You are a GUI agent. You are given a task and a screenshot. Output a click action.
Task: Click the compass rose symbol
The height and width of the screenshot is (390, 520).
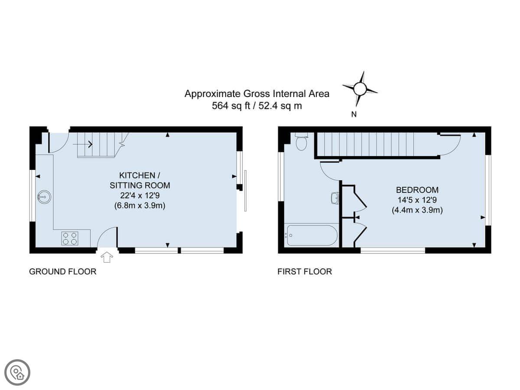point(360,89)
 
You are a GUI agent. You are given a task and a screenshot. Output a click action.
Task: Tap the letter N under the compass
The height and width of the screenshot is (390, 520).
point(354,114)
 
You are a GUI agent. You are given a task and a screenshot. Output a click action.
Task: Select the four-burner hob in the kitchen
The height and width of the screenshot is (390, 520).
point(70,238)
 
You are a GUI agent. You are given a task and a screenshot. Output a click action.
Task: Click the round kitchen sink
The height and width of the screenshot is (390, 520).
point(44,197)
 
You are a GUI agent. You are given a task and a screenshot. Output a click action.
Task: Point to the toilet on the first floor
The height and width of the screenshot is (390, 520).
point(301,141)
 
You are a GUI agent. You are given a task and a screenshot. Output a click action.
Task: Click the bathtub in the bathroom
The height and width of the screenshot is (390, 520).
point(312,235)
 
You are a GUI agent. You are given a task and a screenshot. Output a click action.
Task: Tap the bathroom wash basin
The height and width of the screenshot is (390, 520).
point(335,198)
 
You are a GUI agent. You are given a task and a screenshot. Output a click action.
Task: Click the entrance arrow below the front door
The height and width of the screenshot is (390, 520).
point(107,257)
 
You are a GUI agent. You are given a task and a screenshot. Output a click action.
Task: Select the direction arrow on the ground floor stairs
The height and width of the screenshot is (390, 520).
point(82,144)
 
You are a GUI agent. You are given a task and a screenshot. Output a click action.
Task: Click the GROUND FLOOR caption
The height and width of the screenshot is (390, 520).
point(63,272)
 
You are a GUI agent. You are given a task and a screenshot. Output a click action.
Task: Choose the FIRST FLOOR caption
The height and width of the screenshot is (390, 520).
point(305,272)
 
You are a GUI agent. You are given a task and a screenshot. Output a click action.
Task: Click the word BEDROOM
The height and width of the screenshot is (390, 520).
point(417,190)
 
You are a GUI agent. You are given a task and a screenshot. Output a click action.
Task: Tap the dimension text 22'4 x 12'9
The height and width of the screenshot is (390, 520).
point(140,195)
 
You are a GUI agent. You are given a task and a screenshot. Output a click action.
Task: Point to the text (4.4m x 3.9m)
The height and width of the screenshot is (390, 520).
point(417,210)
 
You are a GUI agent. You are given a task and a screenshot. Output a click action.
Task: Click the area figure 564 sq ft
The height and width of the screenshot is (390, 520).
point(231,106)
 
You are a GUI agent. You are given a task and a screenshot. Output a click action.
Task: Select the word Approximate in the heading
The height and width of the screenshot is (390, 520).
point(212,94)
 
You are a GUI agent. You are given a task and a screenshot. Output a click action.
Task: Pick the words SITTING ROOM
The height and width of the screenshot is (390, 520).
point(140,185)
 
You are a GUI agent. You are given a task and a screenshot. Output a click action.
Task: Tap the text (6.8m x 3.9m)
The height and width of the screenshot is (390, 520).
point(140,205)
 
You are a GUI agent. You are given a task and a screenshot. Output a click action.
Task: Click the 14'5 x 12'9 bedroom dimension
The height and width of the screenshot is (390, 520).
point(417,200)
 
